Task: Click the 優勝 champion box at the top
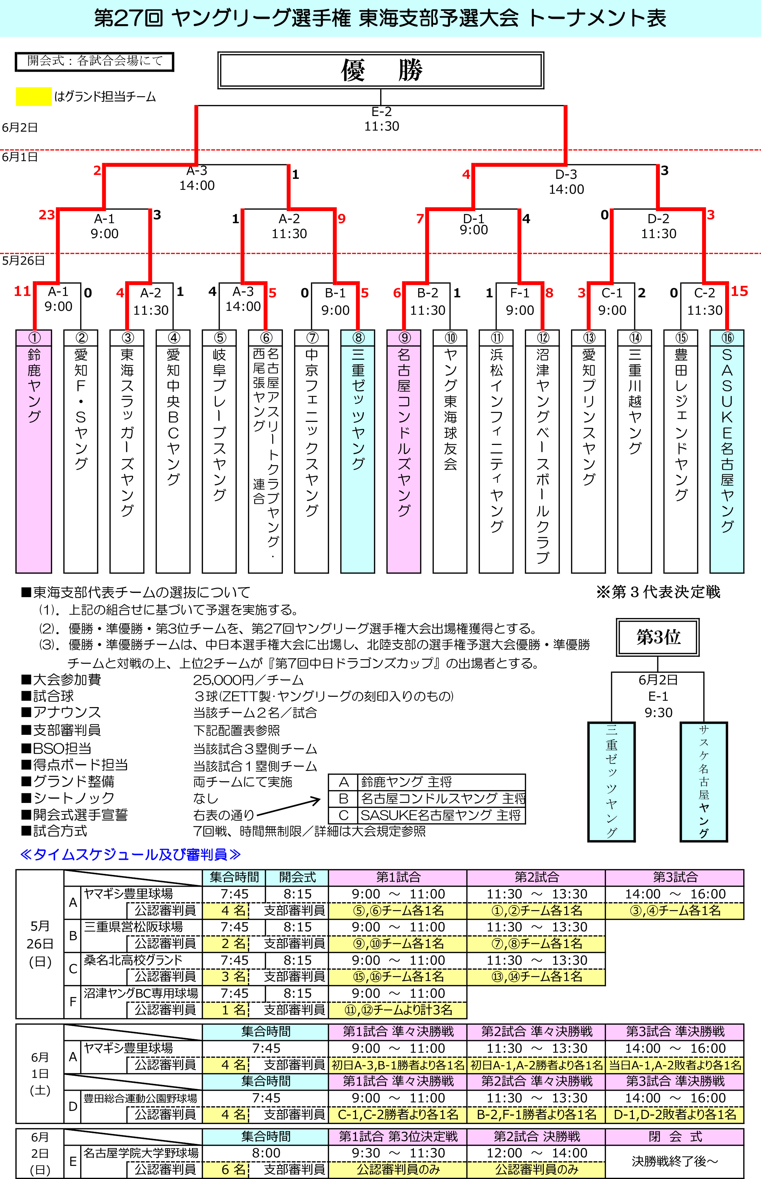380,70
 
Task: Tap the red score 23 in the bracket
47,215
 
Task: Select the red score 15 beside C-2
739,291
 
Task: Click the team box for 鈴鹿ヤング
34,451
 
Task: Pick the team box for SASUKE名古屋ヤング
727,451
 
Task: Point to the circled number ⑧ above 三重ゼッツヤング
358,337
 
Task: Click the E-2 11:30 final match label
382,119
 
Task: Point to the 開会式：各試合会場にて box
94,61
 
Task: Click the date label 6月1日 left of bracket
20,157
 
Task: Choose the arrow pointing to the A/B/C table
289,806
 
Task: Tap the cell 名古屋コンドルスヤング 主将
442,798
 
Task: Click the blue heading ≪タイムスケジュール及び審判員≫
130,854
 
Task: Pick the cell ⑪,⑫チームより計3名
398,1010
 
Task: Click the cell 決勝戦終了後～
674,1161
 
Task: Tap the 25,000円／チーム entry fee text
248,680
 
